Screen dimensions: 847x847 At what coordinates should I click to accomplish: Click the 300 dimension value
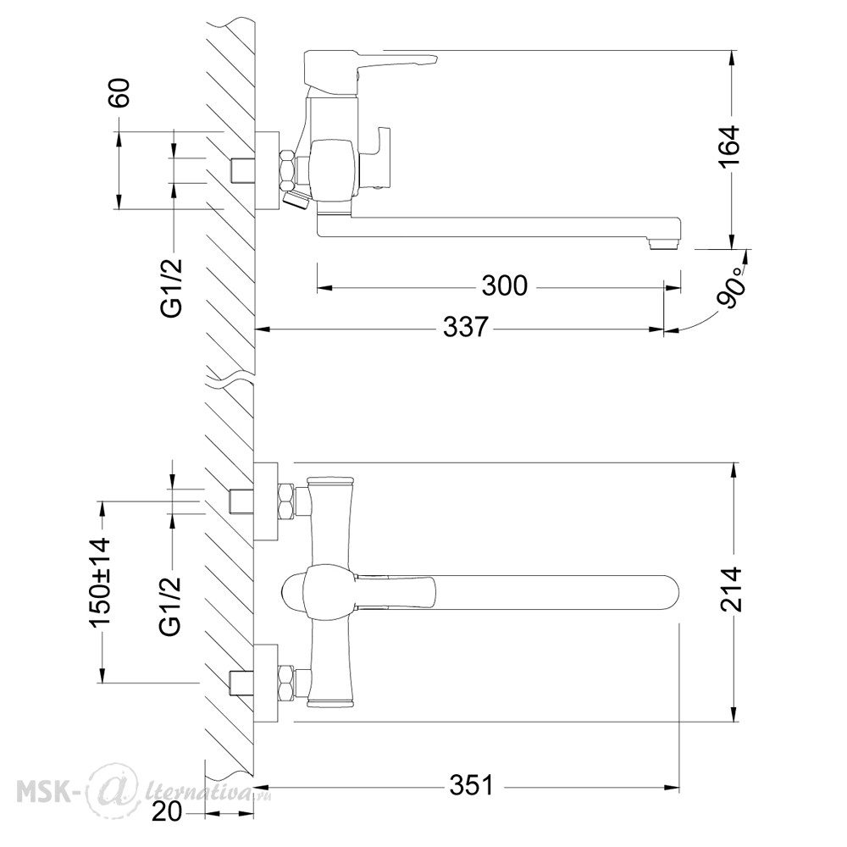coord(504,285)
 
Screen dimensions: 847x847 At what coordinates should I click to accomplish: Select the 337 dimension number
coord(466,327)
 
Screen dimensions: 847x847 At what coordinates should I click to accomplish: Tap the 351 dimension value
coord(472,785)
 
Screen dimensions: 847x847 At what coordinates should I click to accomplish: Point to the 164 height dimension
coord(730,147)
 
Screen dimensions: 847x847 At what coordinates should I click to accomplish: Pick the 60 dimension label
coord(120,93)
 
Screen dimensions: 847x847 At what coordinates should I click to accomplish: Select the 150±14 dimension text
coord(101,583)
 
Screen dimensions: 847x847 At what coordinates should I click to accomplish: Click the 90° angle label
coord(733,293)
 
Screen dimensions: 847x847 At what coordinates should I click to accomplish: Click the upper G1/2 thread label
coord(173,289)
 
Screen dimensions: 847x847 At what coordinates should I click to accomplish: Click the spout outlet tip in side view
coord(665,244)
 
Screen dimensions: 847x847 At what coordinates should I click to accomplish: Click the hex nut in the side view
coord(289,167)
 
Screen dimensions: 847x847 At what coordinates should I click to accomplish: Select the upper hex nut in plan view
coord(287,501)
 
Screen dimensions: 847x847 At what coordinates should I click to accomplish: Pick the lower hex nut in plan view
coord(287,684)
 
